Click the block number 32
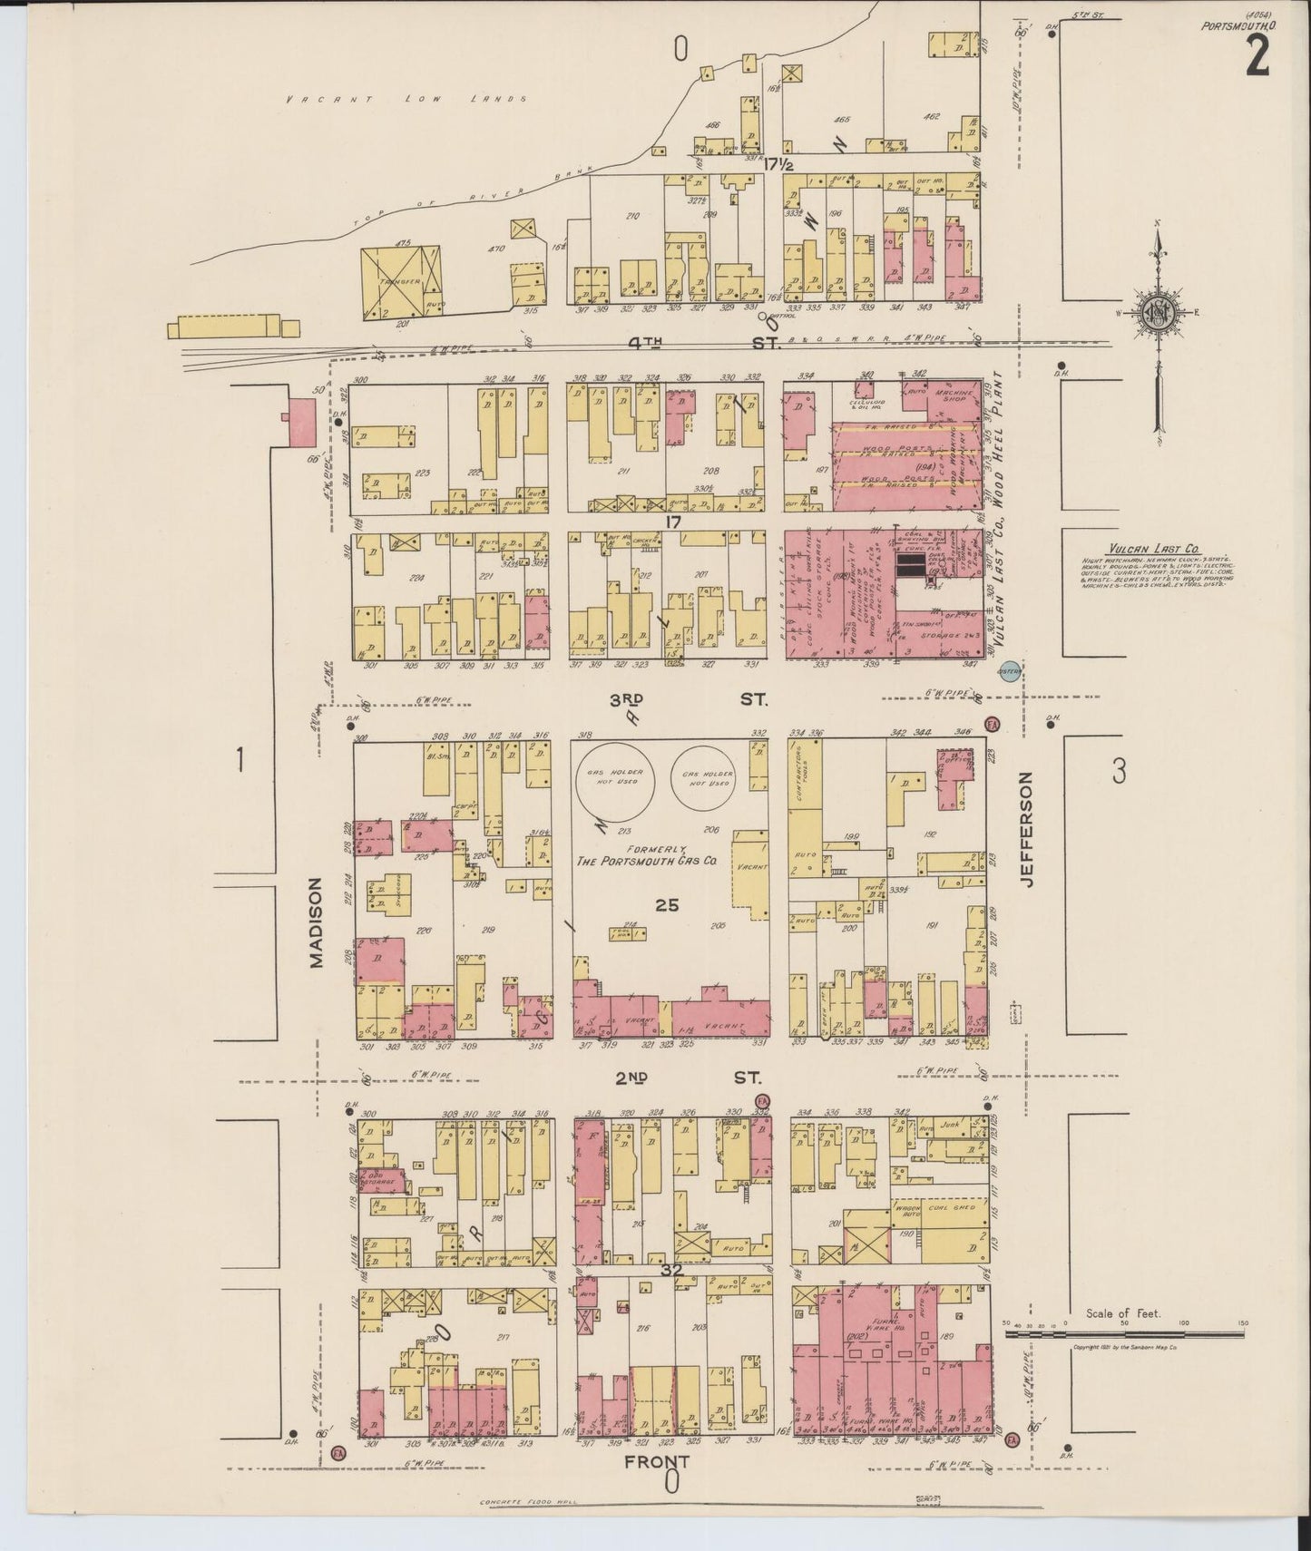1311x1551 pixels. coord(671,1272)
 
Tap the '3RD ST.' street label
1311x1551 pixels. coord(690,699)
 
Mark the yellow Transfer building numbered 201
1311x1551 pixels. coord(400,281)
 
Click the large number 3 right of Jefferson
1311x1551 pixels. coord(1119,772)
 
